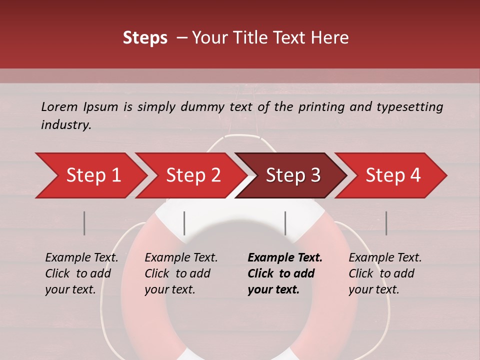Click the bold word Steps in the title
[x=145, y=38]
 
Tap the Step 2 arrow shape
[x=192, y=175]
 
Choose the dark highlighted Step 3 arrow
[x=292, y=175]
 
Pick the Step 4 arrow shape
[x=392, y=175]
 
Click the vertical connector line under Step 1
[x=84, y=223]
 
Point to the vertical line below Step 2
[x=184, y=223]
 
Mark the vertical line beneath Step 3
[x=285, y=223]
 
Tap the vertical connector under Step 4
[x=386, y=223]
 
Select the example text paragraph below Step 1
[x=81, y=273]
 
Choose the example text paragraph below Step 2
[x=180, y=273]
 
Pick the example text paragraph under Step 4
[x=384, y=273]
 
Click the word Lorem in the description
[x=59, y=106]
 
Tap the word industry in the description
[x=65, y=125]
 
